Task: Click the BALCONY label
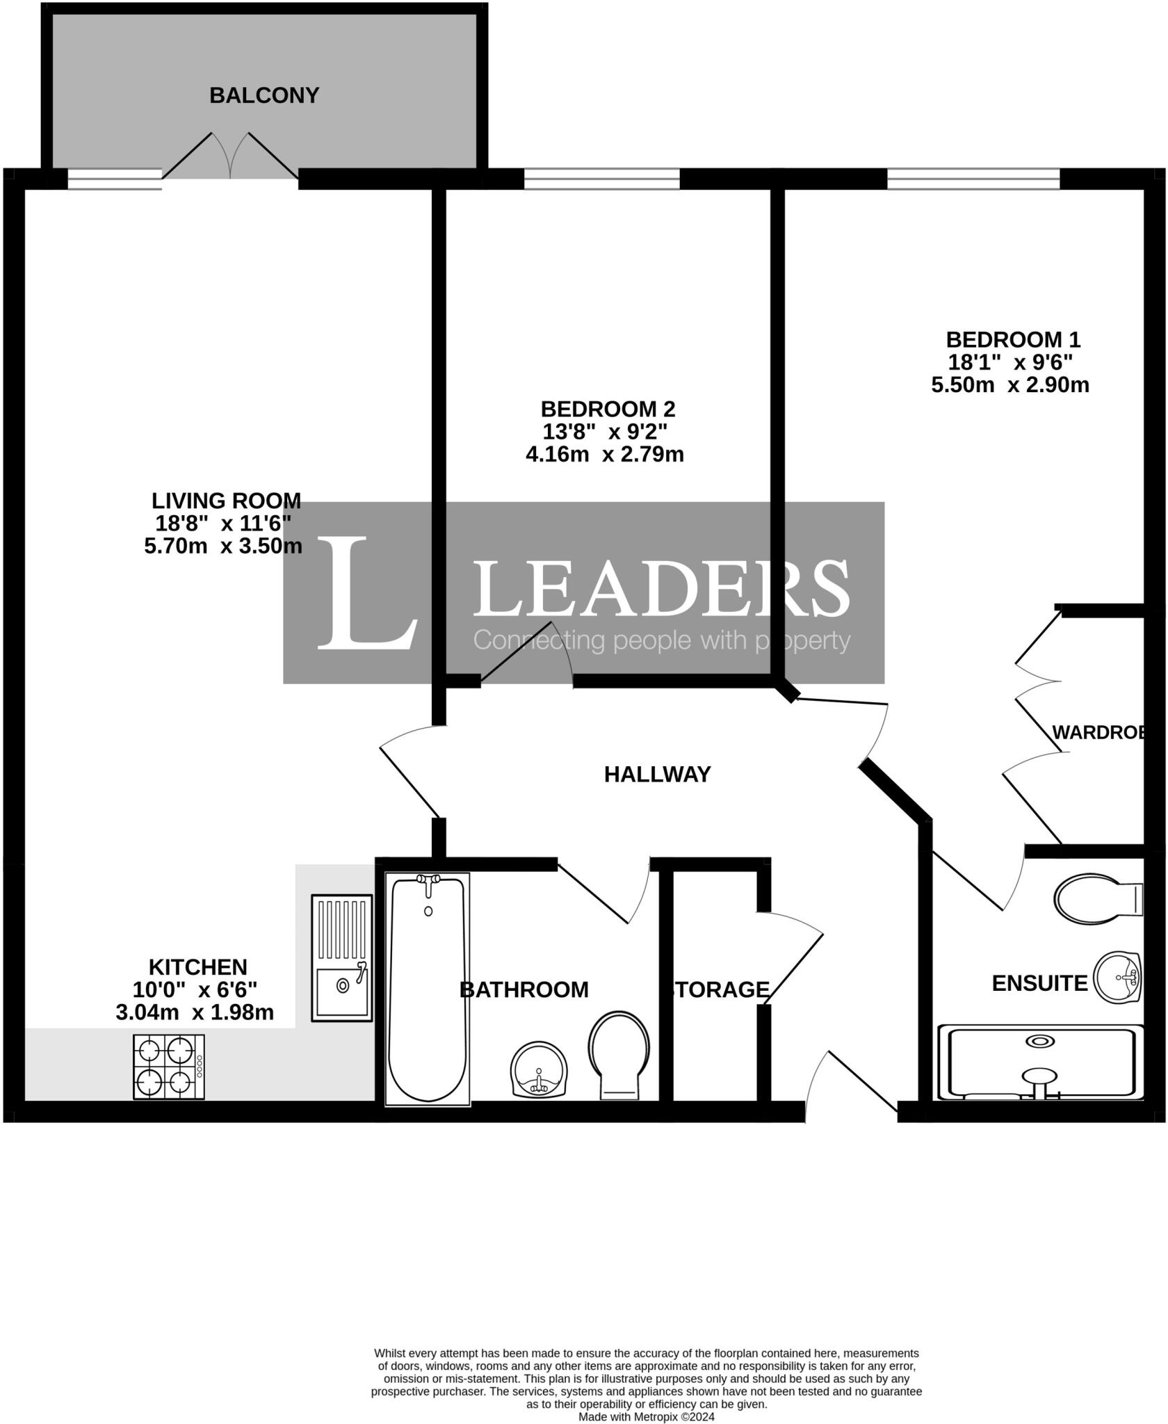(264, 95)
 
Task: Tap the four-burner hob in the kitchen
(169, 1067)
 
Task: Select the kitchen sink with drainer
(341, 957)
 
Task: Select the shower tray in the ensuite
(1040, 1062)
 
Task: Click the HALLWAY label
(657, 774)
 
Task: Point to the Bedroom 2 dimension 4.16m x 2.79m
(604, 455)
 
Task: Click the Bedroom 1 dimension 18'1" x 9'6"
(1010, 362)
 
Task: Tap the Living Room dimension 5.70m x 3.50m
(223, 546)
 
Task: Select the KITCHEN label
(198, 967)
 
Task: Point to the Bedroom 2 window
(601, 179)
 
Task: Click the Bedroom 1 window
(973, 179)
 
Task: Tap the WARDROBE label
(1097, 732)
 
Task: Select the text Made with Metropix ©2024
(646, 1416)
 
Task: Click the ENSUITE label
(1039, 983)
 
